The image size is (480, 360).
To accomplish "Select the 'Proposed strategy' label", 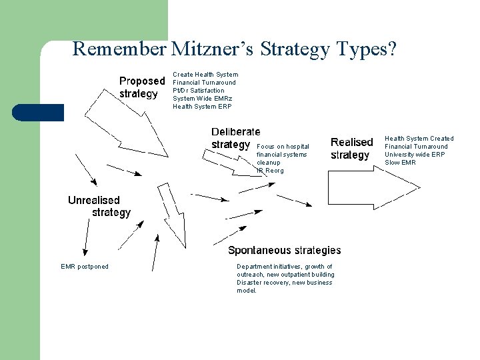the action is tap(141, 87).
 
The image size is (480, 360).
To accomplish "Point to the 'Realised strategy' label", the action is tap(351, 149).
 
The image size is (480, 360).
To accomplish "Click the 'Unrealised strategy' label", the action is tap(99, 206).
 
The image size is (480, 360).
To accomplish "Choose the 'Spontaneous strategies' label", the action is tap(284, 251).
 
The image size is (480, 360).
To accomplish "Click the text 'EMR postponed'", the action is tap(85, 267).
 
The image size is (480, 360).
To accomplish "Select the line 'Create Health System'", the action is tap(205, 75).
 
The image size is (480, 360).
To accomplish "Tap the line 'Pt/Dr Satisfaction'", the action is tap(199, 91).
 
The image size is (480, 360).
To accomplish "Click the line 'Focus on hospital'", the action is tap(283, 147).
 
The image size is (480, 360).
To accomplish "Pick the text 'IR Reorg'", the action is tap(270, 171).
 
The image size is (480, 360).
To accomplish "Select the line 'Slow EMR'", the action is tap(400, 163).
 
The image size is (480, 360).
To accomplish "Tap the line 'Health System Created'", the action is tap(419, 139).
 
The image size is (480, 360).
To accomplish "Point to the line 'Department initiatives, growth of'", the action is tap(285, 267).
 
